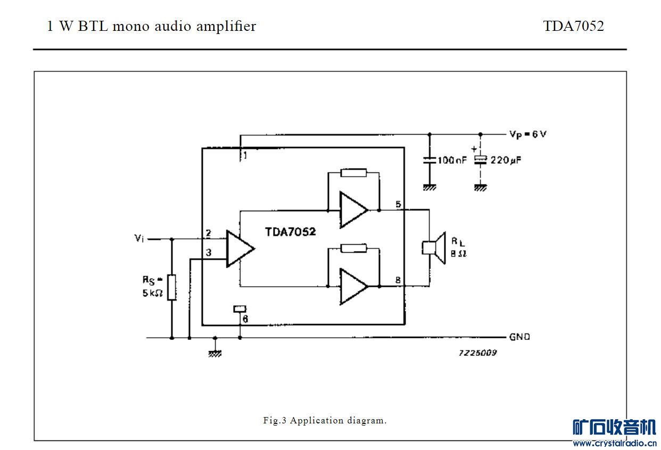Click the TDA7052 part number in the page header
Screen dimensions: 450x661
573,27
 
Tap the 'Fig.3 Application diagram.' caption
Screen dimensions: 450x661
325,421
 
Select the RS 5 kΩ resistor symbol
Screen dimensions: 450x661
171,287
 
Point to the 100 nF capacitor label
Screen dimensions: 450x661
451,160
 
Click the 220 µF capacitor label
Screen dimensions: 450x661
505,159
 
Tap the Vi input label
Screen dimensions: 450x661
139,238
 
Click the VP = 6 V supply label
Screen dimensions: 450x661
527,134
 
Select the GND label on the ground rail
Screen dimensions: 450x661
519,337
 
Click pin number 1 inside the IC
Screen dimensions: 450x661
245,156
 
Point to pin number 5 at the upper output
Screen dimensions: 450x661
398,204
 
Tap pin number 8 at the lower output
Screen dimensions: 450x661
398,280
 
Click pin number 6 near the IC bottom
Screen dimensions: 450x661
245,319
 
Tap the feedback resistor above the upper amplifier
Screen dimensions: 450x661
353,172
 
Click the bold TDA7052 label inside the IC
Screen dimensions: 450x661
291,232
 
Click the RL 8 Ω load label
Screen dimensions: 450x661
459,247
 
